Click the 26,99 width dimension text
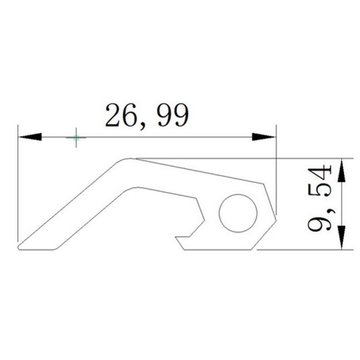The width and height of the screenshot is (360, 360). pyautogui.click(x=147, y=116)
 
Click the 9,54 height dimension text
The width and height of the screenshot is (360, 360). pyautogui.click(x=319, y=198)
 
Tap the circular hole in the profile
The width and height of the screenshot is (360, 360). pyautogui.click(x=238, y=213)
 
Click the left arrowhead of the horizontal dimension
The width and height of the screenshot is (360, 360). pyautogui.click(x=31, y=137)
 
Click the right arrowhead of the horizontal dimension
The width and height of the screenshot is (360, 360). pyautogui.click(x=263, y=137)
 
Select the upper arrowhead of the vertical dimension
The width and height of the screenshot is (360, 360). pyautogui.click(x=342, y=171)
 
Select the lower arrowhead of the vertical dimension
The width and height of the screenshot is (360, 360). pyautogui.click(x=342, y=238)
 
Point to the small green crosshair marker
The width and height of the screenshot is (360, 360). pyautogui.click(x=76, y=138)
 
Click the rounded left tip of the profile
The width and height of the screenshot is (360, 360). pyautogui.click(x=19, y=247)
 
